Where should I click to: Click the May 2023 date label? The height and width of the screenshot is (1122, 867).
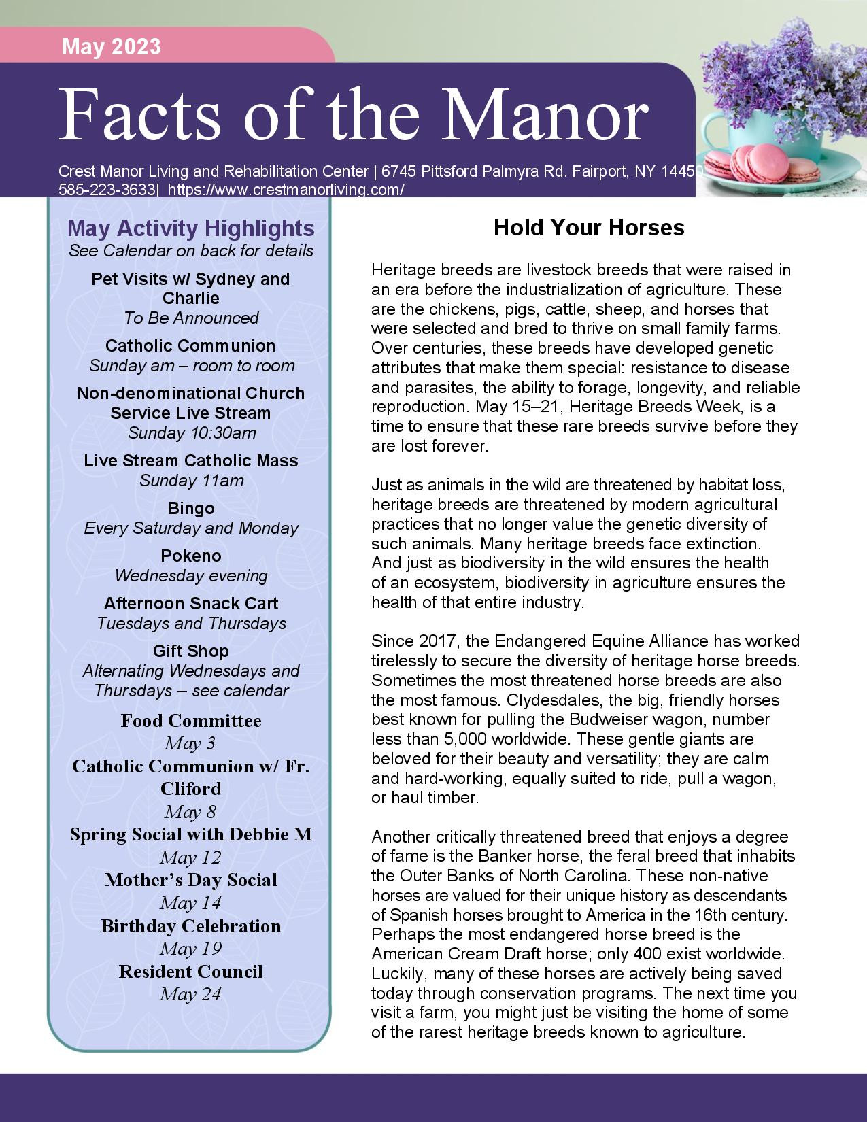(x=112, y=46)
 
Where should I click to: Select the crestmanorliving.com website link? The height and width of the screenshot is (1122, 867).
(x=286, y=190)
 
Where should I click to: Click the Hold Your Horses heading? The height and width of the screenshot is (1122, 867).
(x=589, y=227)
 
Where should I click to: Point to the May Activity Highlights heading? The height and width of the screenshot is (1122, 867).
(x=191, y=228)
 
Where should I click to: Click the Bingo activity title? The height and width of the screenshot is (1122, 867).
(x=191, y=508)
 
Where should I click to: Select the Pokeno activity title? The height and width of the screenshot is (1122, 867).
(x=191, y=556)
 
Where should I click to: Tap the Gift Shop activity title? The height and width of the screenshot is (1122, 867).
(x=191, y=651)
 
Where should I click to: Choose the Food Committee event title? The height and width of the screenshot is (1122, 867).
(x=191, y=721)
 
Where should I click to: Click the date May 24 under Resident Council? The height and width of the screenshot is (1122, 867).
(x=191, y=994)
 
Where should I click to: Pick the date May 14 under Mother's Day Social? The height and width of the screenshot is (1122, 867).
(x=191, y=903)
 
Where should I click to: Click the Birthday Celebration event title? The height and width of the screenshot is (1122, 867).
(x=191, y=926)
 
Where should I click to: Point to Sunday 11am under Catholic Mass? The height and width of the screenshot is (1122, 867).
(x=191, y=480)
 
